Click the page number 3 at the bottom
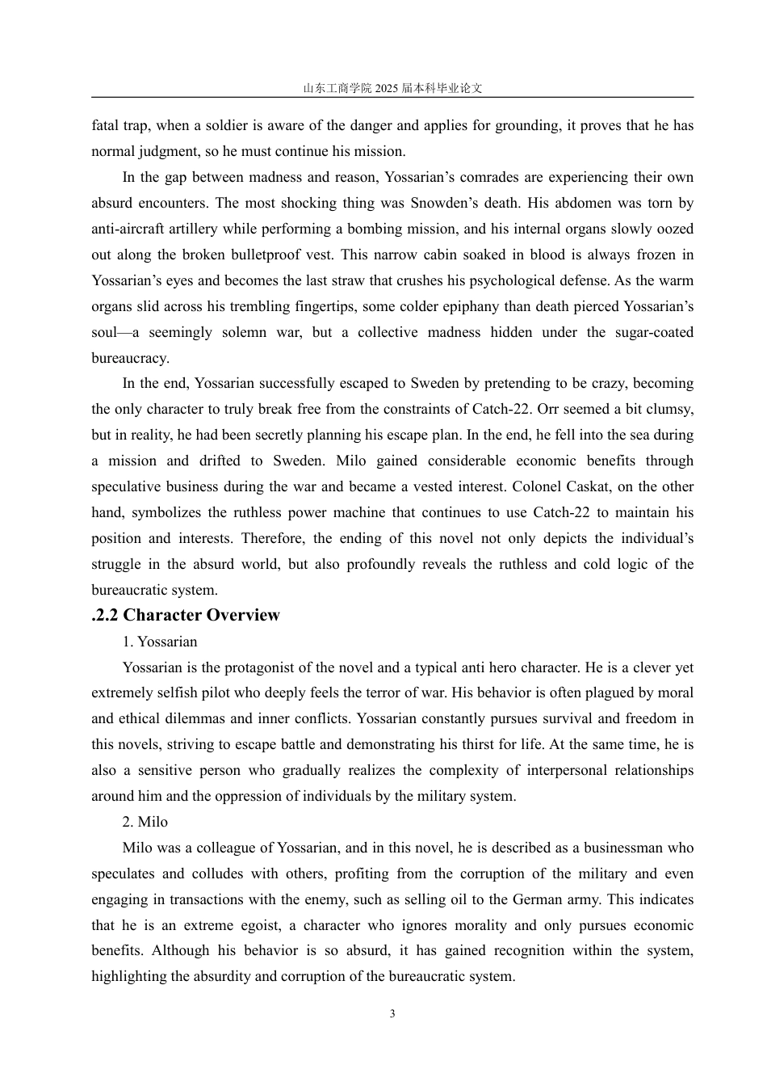pos(392,1014)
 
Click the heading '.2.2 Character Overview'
pos(186,615)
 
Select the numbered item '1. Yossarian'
pos(160,642)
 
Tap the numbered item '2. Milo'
pos(145,822)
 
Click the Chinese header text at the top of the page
pos(392,88)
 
